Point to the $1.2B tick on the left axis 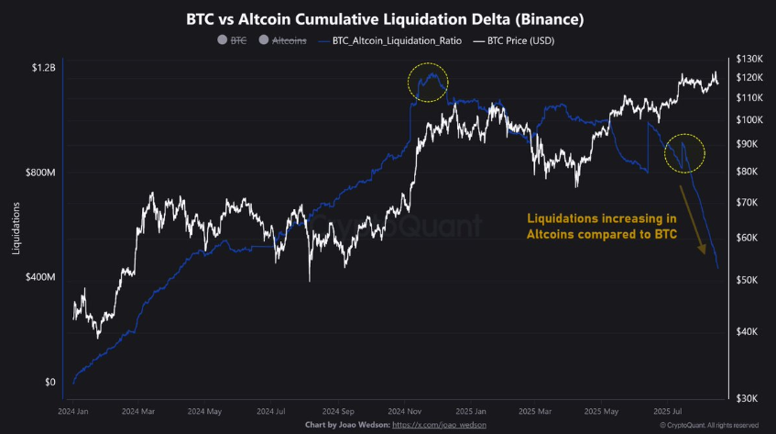point(42,68)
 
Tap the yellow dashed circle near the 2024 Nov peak point(428,82)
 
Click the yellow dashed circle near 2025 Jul point(684,152)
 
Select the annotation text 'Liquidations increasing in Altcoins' point(602,227)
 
